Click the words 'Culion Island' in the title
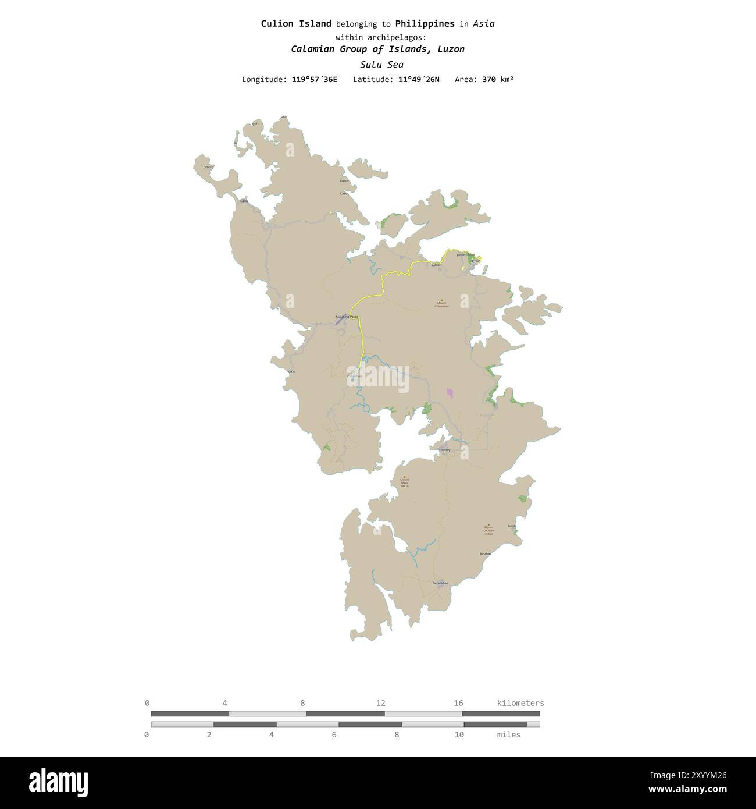(x=296, y=24)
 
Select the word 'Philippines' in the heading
(x=425, y=24)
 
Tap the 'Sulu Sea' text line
(x=381, y=65)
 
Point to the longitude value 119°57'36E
(x=314, y=79)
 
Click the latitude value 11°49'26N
(x=419, y=79)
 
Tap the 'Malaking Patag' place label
(x=347, y=317)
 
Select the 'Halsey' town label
(x=445, y=450)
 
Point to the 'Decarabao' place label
(x=441, y=583)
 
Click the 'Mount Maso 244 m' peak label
(x=404, y=482)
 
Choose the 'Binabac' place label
(x=485, y=554)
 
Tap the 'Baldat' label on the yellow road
(x=436, y=265)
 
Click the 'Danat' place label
(x=344, y=182)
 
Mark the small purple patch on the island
(x=450, y=393)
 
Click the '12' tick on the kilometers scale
(x=380, y=703)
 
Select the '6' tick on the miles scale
(x=334, y=735)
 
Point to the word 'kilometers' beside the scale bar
(x=520, y=703)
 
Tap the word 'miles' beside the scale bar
(x=508, y=735)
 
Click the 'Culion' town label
(x=476, y=262)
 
